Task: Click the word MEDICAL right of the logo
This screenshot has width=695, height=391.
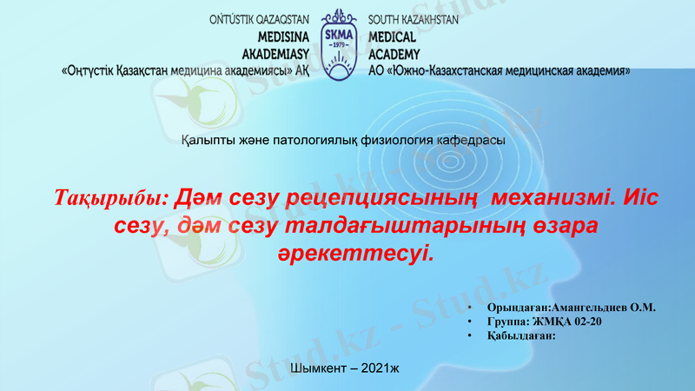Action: pyautogui.click(x=393, y=37)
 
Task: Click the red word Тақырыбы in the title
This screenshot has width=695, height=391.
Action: pyautogui.click(x=111, y=197)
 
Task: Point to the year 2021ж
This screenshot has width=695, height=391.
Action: pyautogui.click(x=375, y=369)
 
